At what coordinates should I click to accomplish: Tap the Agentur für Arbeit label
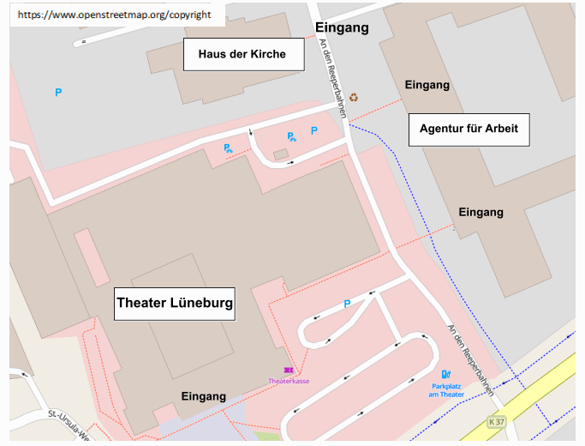[x=469, y=130]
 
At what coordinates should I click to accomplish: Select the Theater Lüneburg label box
[x=175, y=303]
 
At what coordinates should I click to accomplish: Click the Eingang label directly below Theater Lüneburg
[x=204, y=396]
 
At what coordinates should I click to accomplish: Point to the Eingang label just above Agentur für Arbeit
[x=427, y=85]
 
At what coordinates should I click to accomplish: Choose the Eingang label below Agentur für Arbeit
[x=481, y=212]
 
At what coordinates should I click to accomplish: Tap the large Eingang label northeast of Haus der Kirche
[x=342, y=28]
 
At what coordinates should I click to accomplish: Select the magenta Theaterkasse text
[x=289, y=380]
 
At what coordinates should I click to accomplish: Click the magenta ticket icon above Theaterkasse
[x=289, y=370]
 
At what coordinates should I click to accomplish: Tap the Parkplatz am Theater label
[x=452, y=389]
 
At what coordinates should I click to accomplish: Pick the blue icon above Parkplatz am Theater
[x=445, y=374]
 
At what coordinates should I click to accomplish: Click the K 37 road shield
[x=495, y=422]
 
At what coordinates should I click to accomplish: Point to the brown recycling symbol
[x=354, y=98]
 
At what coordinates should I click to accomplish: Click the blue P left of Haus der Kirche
[x=58, y=92]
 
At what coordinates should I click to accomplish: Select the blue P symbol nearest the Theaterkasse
[x=347, y=303]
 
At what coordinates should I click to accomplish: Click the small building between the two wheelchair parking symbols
[x=280, y=154]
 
